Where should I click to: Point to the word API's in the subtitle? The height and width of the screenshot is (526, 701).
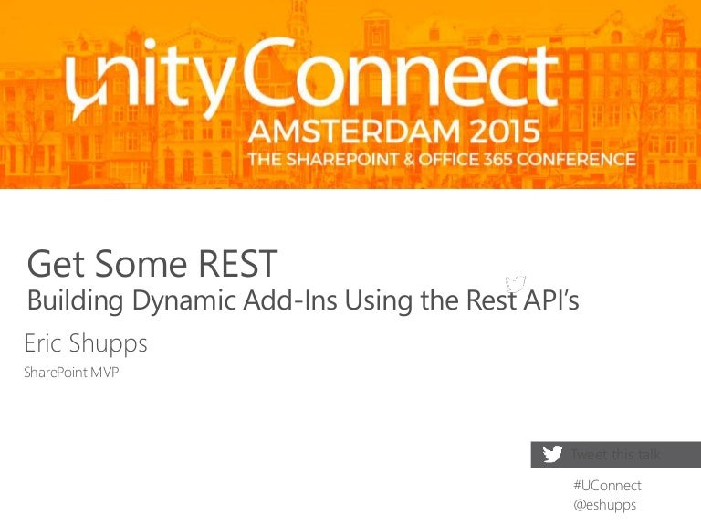[549, 300]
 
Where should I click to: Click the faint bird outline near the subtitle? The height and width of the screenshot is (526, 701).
[517, 283]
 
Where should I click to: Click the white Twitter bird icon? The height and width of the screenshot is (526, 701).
[551, 454]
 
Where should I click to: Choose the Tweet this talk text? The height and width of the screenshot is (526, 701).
[615, 454]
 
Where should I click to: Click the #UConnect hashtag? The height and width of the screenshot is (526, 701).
[607, 485]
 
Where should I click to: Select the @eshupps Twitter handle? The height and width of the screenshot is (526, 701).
[604, 504]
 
